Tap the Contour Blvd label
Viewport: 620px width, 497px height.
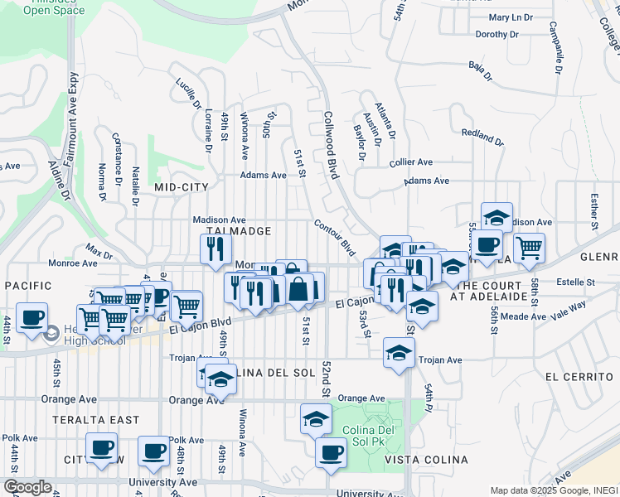[335, 237]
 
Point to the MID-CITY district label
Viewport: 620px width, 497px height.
[181, 188]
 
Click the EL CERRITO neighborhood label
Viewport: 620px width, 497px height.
[573, 376]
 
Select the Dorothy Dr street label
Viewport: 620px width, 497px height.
[496, 35]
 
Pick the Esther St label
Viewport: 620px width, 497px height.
[594, 212]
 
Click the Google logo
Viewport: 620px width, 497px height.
[27, 487]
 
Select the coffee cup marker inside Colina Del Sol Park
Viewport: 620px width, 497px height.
[332, 452]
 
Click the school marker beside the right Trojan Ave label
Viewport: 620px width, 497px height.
[399, 353]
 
